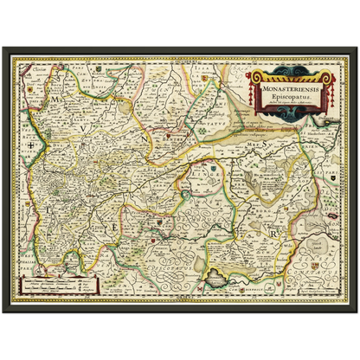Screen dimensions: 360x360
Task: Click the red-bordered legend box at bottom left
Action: point(58,283)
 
